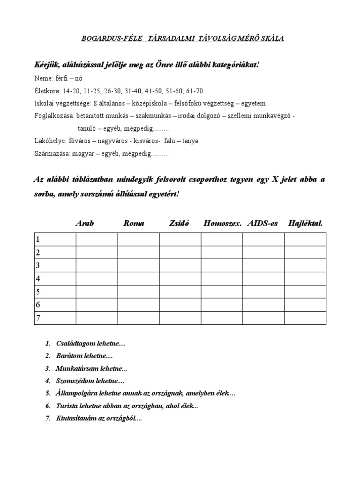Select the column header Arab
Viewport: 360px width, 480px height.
[84, 223]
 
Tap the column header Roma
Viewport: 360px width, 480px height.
[134, 223]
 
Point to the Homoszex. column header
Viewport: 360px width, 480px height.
[222, 223]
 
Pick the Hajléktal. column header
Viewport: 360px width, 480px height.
[306, 223]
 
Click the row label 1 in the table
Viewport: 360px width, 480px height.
[37, 240]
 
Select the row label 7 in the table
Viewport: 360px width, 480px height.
[37, 318]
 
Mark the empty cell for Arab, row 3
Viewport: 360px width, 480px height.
[97, 266]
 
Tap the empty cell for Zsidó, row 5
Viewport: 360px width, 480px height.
[180, 292]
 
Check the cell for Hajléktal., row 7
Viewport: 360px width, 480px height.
[305, 318]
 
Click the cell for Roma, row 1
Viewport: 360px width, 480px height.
[138, 240]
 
